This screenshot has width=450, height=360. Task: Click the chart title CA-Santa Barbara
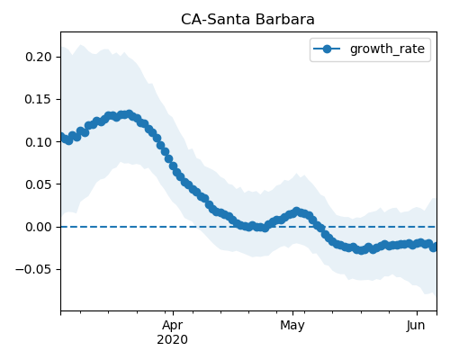(247, 20)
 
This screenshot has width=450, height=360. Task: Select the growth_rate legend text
(387, 49)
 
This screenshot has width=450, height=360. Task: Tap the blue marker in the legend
(327, 49)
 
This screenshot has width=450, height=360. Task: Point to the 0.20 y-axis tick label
(39, 57)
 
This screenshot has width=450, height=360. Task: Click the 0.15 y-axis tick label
(39, 99)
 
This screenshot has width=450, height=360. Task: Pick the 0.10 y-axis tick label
(39, 142)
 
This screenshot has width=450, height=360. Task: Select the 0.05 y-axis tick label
(39, 184)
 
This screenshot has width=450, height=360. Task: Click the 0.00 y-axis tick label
(39, 227)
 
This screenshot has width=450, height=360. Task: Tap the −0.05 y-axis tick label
(33, 269)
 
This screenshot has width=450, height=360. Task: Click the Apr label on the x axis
(173, 325)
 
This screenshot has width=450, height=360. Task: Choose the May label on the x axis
(292, 325)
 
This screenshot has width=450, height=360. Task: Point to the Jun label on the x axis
(416, 325)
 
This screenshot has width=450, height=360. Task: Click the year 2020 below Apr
(173, 339)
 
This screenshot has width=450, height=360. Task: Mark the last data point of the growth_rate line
(434, 247)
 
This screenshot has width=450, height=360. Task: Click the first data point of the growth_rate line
(62, 137)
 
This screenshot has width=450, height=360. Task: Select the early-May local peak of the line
(296, 211)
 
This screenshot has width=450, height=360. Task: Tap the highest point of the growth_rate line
(130, 114)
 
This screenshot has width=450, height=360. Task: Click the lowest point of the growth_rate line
(362, 250)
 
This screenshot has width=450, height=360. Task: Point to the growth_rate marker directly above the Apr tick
(173, 166)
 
